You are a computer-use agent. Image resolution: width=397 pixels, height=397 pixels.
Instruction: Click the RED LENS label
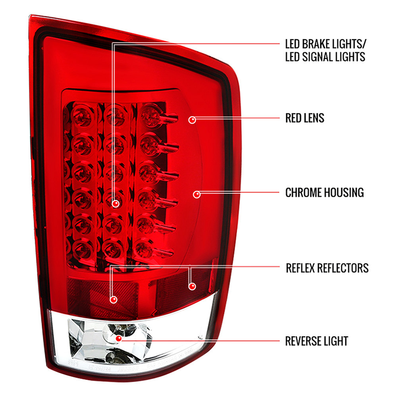click(304, 118)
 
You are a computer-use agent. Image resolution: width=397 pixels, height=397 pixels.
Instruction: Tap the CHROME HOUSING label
click(325, 193)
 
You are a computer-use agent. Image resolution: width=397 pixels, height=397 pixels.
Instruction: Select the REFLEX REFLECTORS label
click(327, 268)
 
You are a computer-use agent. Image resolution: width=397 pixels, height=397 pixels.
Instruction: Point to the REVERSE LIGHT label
click(316, 341)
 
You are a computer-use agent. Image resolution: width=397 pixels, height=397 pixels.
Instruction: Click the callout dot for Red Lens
click(192, 120)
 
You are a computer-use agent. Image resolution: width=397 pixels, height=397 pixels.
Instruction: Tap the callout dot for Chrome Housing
click(197, 195)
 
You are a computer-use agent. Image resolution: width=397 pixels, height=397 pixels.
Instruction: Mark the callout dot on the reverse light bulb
click(118, 338)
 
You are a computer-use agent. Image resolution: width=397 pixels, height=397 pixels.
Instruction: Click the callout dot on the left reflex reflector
click(114, 300)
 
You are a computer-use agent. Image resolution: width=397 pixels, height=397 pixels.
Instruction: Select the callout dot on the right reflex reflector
click(192, 286)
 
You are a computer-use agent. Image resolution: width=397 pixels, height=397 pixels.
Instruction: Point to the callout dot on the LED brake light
click(116, 203)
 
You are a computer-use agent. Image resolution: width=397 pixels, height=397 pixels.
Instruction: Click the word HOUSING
click(344, 193)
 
